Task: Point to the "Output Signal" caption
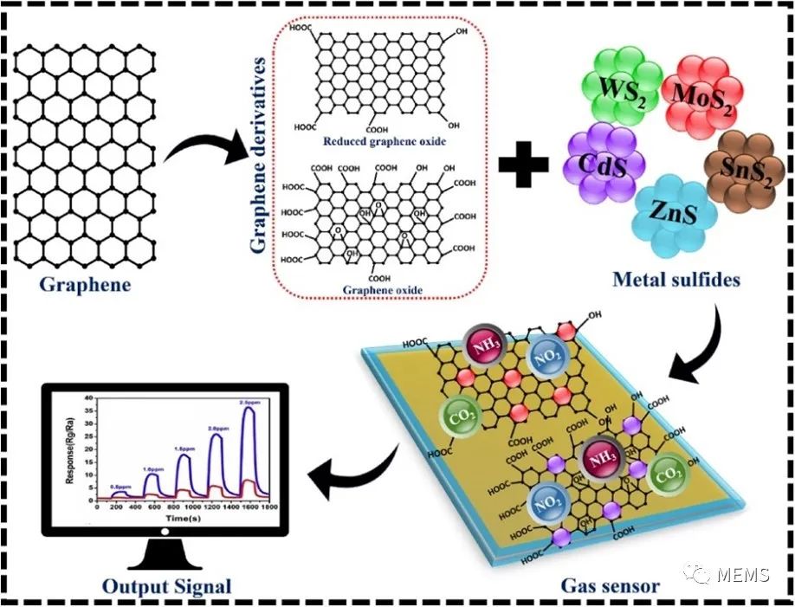tap(167, 586)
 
